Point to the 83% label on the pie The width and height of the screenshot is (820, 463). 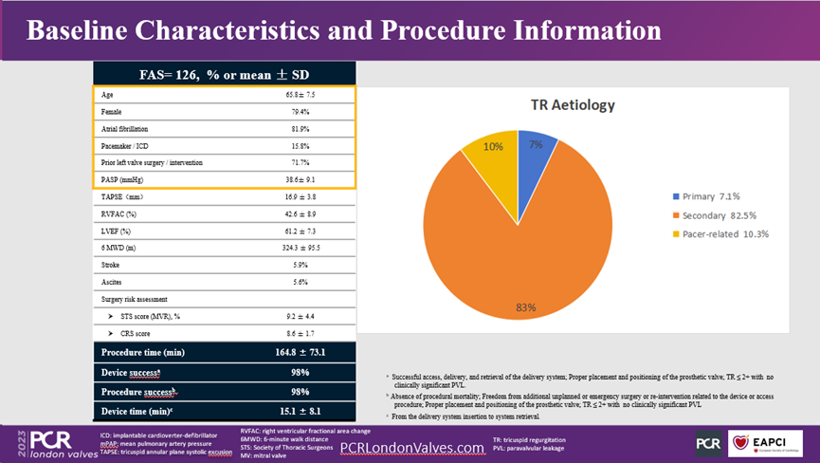pos(526,306)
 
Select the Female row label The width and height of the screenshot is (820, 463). pos(112,112)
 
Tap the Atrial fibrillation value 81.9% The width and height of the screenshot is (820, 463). pos(301,128)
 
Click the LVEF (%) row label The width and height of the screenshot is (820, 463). pos(115,231)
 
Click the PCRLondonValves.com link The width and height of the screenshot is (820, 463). pos(411,447)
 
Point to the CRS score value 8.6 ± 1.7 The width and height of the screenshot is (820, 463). pos(301,333)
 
